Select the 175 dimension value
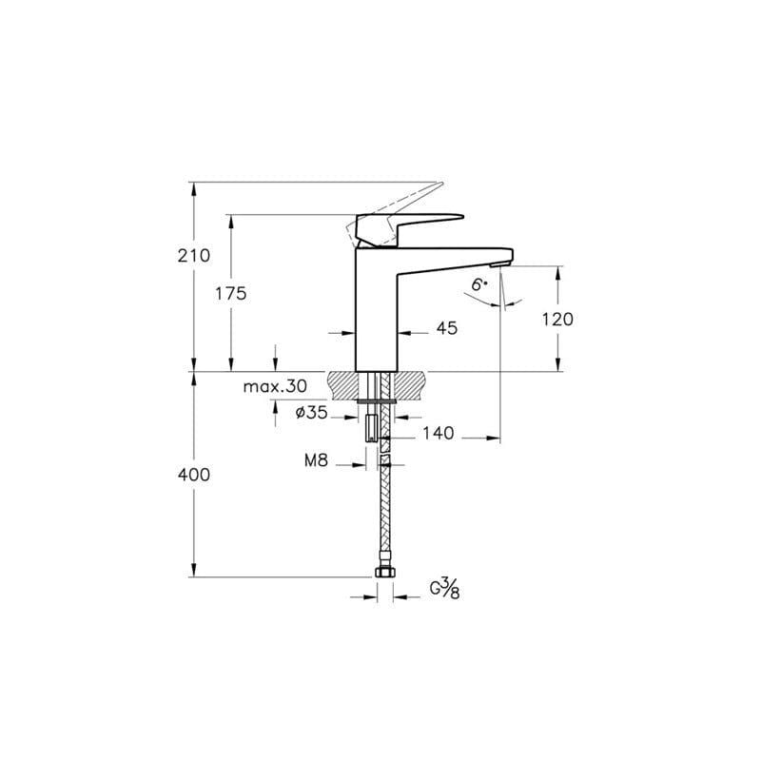pos(230,294)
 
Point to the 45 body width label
pos(447,328)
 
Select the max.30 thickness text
pos(274,386)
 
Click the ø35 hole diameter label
pos(311,413)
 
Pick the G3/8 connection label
pos(445,588)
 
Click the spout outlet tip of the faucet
pos(500,262)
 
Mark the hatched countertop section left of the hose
pos(346,385)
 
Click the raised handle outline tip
pos(439,185)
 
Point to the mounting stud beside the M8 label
pos(370,431)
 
